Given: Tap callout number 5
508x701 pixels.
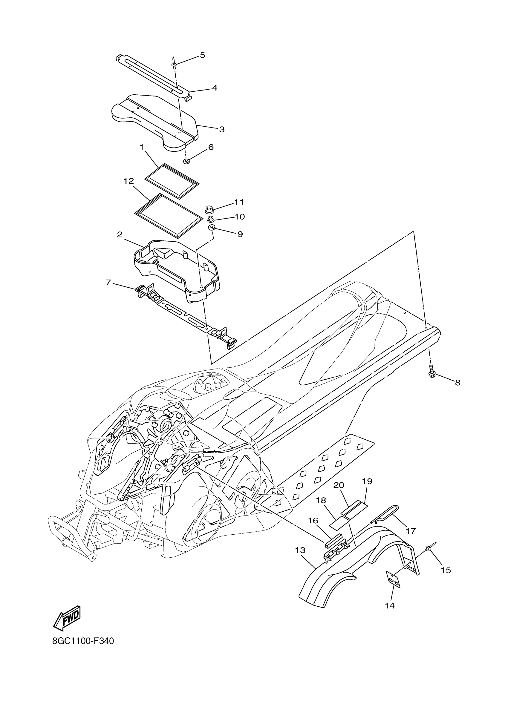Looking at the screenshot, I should [x=202, y=55].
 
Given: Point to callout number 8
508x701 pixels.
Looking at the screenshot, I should [x=457, y=383].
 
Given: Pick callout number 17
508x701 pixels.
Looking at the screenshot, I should [x=411, y=531].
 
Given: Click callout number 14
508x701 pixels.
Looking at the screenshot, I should [x=390, y=605].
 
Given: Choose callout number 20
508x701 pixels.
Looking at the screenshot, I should [x=339, y=485].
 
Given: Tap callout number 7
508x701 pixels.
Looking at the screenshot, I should [x=108, y=282].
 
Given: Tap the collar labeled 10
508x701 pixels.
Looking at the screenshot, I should [x=212, y=220].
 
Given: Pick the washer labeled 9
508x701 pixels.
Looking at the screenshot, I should [x=212, y=228].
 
